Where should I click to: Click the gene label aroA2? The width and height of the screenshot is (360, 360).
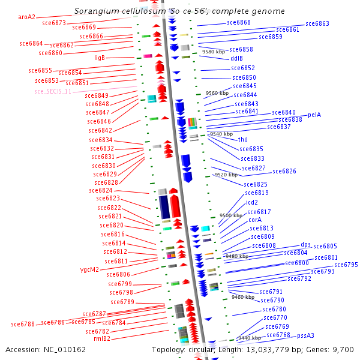pos(27,17)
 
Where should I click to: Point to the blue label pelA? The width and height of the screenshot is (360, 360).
pos(314,115)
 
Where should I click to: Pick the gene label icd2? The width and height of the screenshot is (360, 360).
pos(252,202)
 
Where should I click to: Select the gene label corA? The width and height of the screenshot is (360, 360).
pos(255,220)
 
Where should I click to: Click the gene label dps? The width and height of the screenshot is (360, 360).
pos(306,245)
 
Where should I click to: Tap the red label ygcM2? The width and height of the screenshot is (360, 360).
pos(89,269)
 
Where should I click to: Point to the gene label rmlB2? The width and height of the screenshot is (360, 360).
pos(102,338)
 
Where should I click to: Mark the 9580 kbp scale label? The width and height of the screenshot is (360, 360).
pos(213,52)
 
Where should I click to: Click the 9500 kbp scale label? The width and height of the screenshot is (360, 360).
pos(230,215)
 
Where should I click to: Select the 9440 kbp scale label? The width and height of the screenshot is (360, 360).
pos(248,338)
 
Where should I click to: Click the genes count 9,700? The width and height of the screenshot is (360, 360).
pos(343,349)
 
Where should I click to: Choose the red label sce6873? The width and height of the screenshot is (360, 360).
pos(55,23)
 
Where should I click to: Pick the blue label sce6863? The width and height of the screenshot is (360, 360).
pos(317,24)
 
